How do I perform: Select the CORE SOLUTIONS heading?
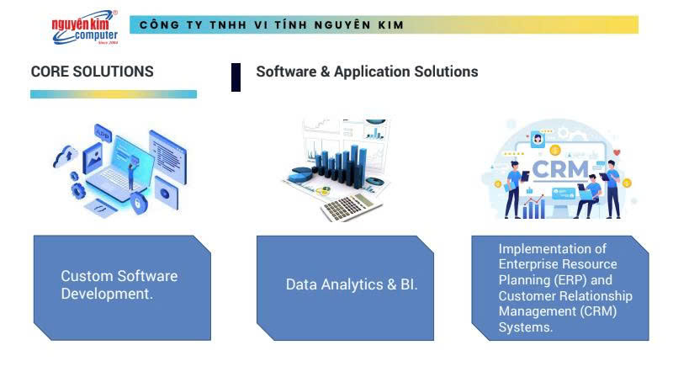click(x=93, y=72)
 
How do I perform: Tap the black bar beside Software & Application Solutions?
click(x=236, y=77)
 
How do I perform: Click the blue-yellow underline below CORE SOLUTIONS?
click(x=114, y=94)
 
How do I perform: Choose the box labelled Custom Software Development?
click(x=122, y=287)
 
